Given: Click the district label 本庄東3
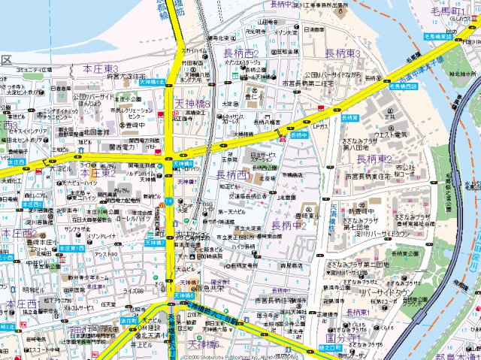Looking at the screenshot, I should [100, 68].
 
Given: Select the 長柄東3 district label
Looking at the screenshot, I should [343, 53].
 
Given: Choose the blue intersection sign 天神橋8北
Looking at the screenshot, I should [152, 80].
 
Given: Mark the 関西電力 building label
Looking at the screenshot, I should [122, 147].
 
